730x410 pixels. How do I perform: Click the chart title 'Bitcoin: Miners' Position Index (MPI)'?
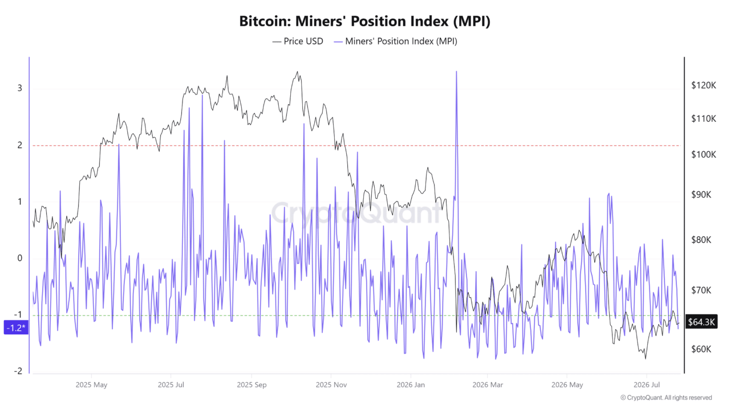coord(364,21)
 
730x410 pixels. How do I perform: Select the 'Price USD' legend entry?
coord(298,42)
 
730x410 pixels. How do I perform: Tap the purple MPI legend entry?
coord(396,42)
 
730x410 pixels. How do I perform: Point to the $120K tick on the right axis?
coord(704,85)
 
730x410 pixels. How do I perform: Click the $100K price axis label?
coord(704,154)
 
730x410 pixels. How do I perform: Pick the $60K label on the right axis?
coord(701,349)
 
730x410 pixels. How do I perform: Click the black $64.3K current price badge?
coord(701,322)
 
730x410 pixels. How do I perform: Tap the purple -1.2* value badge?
coord(16,327)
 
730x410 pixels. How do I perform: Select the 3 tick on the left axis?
coord(20,88)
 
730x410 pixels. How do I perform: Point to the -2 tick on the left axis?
coord(18,371)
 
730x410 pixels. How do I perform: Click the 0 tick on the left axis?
coord(20,259)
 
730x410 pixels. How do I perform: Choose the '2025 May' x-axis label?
coord(91,384)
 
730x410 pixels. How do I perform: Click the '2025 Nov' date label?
coord(331,384)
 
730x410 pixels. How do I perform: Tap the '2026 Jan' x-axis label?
coord(411,384)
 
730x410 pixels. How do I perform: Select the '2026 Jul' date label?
coord(647,384)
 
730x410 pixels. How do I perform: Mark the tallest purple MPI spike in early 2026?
coord(456,72)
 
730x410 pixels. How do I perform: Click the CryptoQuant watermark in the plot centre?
coord(356,213)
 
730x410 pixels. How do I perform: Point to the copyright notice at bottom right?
coord(666,397)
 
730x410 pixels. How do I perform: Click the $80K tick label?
coord(701,240)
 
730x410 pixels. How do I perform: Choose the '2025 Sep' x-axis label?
coord(252,384)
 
